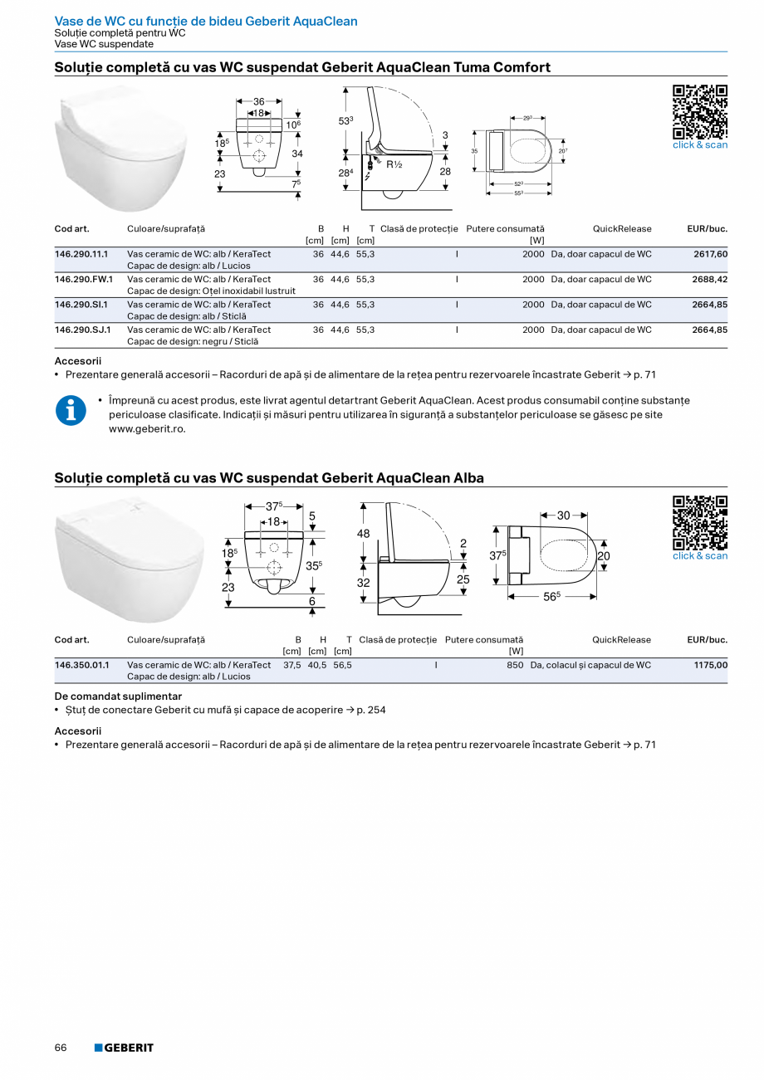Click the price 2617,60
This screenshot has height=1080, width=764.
(710, 254)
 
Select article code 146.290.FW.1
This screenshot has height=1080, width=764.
(84, 280)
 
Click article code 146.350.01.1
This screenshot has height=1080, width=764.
(81, 665)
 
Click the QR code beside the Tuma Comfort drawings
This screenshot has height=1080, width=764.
(699, 111)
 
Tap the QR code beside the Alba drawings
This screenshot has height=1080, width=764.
(699, 522)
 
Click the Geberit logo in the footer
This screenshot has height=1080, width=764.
(124, 1048)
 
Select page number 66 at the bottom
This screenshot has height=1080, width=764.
(61, 1048)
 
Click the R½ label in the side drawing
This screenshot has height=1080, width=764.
(394, 164)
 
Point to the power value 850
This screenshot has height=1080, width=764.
(515, 665)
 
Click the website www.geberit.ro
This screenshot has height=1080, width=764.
(147, 429)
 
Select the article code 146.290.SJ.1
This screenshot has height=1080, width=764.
(83, 330)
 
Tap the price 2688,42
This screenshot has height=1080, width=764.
(710, 280)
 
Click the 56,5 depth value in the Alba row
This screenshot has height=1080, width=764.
(342, 665)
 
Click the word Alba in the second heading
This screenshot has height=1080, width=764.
(468, 478)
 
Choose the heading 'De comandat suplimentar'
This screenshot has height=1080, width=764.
(118, 696)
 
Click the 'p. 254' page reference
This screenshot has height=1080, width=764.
(371, 710)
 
